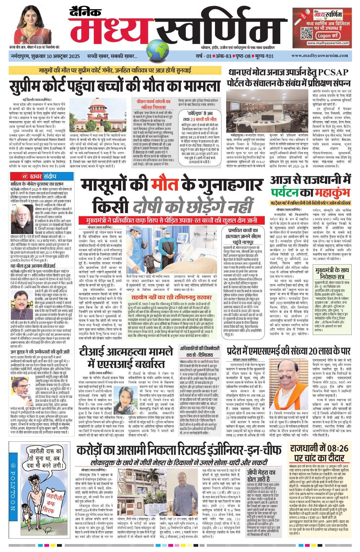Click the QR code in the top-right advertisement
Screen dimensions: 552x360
click(x=307, y=34)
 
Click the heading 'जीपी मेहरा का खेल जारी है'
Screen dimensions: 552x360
click(x=262, y=475)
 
